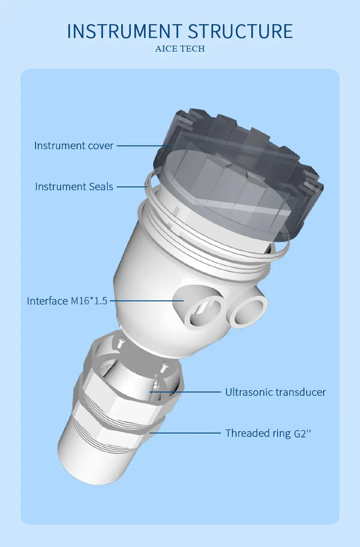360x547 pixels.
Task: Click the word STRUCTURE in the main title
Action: click(x=240, y=31)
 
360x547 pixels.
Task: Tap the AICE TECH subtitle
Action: click(x=180, y=49)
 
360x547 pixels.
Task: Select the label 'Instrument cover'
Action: click(x=74, y=146)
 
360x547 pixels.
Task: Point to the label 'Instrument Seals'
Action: click(x=74, y=186)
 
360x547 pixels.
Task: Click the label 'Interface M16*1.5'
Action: click(x=67, y=301)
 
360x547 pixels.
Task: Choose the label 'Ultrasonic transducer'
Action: click(x=276, y=392)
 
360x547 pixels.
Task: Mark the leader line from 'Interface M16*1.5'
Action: click(x=146, y=301)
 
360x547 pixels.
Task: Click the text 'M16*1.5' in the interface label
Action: click(x=89, y=301)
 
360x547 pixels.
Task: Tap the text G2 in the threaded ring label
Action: click(x=298, y=433)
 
